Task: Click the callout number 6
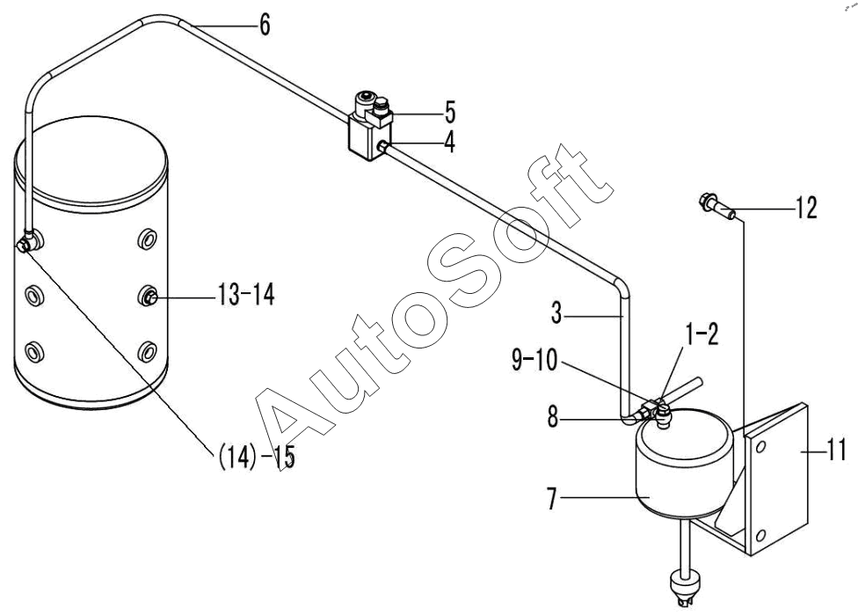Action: pos(264,25)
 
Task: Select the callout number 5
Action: pos(449,112)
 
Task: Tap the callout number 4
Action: pos(449,142)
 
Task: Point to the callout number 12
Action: pos(806,209)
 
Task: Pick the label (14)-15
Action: pos(251,457)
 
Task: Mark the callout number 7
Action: pos(551,499)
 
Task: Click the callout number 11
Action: pos(834,451)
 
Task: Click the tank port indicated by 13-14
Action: pos(149,297)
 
